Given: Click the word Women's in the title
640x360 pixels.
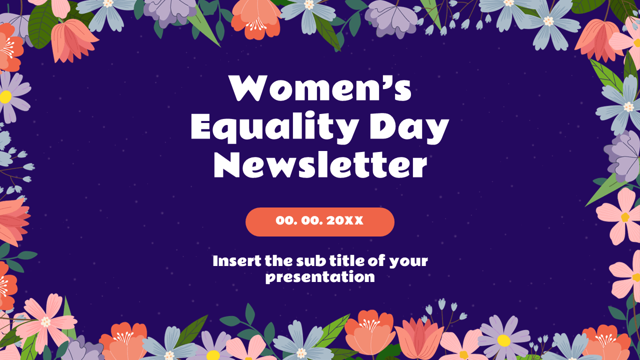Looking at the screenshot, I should tap(320, 89).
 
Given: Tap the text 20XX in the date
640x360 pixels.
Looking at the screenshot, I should tap(345, 220).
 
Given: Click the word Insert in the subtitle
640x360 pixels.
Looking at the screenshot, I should tap(233, 260).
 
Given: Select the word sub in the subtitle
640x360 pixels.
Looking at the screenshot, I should tap(310, 260).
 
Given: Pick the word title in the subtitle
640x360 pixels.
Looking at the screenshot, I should tap(345, 260).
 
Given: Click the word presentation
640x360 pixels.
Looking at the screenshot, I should tap(320, 277).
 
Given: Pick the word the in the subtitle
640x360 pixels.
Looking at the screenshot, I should tap(280, 260).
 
